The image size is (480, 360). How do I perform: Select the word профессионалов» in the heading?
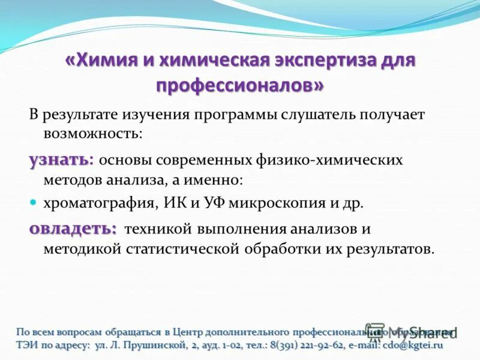click(x=240, y=86)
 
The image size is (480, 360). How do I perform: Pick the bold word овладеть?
click(x=73, y=229)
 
